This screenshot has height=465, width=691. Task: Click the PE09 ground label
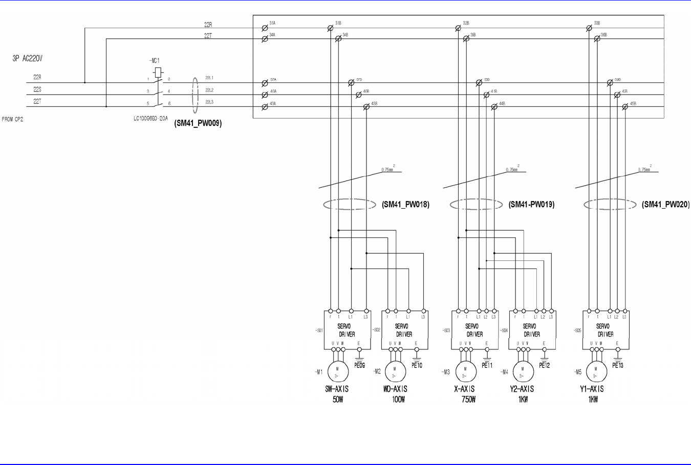point(359,365)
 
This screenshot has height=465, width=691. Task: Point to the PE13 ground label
point(618,365)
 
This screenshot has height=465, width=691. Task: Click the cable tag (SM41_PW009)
point(198,123)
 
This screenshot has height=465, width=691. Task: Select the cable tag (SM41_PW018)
point(405,205)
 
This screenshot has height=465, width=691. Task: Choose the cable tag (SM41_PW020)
point(665,205)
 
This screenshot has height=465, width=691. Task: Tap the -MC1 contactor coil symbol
point(158,72)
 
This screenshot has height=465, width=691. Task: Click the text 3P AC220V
point(28,59)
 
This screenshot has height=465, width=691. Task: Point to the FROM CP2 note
point(13,119)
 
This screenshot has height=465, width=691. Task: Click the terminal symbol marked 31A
point(265,28)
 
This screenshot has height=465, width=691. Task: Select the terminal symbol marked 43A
point(265,107)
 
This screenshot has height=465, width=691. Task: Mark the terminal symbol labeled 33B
point(589,28)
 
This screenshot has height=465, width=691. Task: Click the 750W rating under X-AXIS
point(465,400)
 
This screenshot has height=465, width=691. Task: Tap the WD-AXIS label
point(395,389)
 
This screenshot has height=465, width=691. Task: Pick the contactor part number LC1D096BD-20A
point(150,118)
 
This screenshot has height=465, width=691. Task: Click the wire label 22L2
point(209,90)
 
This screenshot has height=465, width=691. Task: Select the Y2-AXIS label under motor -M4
point(522,389)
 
